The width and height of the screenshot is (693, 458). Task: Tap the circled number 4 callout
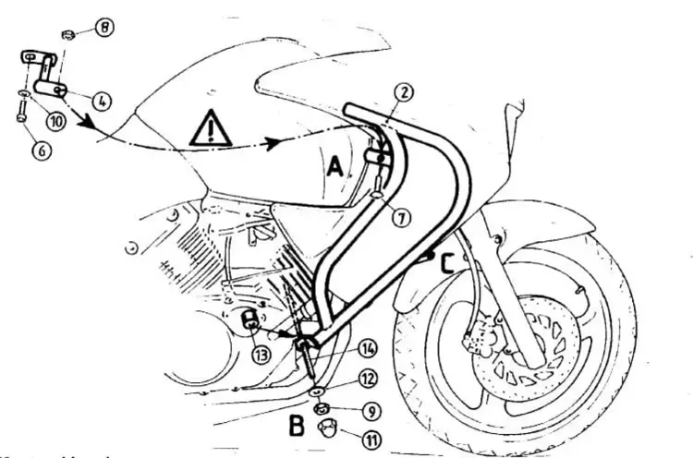point(103,99)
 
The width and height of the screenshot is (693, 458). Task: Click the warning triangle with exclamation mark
point(211,129)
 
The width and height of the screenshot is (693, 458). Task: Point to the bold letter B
point(297,428)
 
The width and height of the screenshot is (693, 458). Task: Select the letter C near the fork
point(446,264)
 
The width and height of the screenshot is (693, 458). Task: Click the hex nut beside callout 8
point(67,35)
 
